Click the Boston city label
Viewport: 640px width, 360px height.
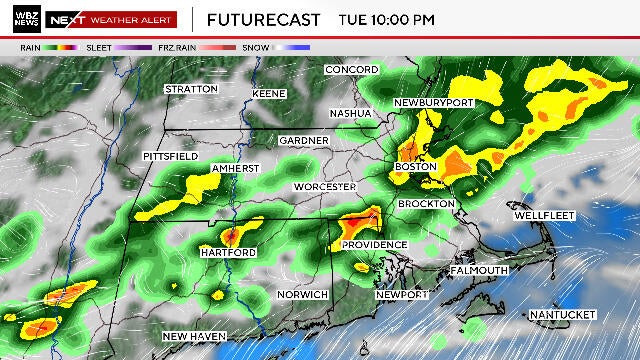[x=416, y=166]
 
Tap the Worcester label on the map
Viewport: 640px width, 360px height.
[x=324, y=187]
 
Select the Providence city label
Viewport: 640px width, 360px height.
[x=374, y=245]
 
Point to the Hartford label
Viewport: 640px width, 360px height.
[x=228, y=253]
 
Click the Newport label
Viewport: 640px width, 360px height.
[x=402, y=295]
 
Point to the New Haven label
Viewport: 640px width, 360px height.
[x=194, y=336]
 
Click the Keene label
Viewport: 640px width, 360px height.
[x=269, y=94]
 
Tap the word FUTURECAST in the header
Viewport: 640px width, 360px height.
[x=263, y=19]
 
